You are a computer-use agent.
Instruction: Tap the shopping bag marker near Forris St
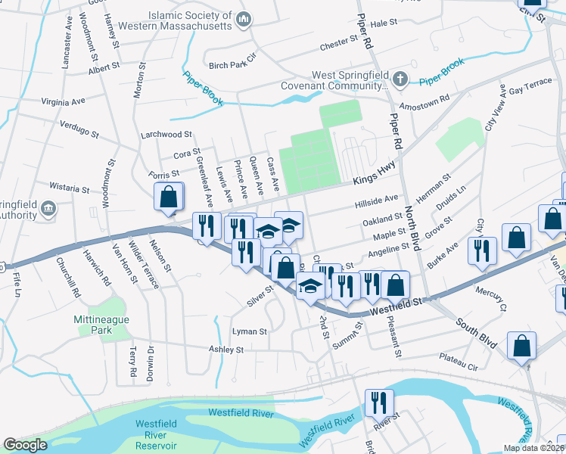coord(169,197)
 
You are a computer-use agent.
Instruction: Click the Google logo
coord(25,445)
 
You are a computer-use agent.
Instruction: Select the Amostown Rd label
coord(424,98)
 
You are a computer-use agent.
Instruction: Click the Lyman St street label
coord(250,331)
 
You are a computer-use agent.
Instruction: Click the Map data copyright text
coord(533,448)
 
